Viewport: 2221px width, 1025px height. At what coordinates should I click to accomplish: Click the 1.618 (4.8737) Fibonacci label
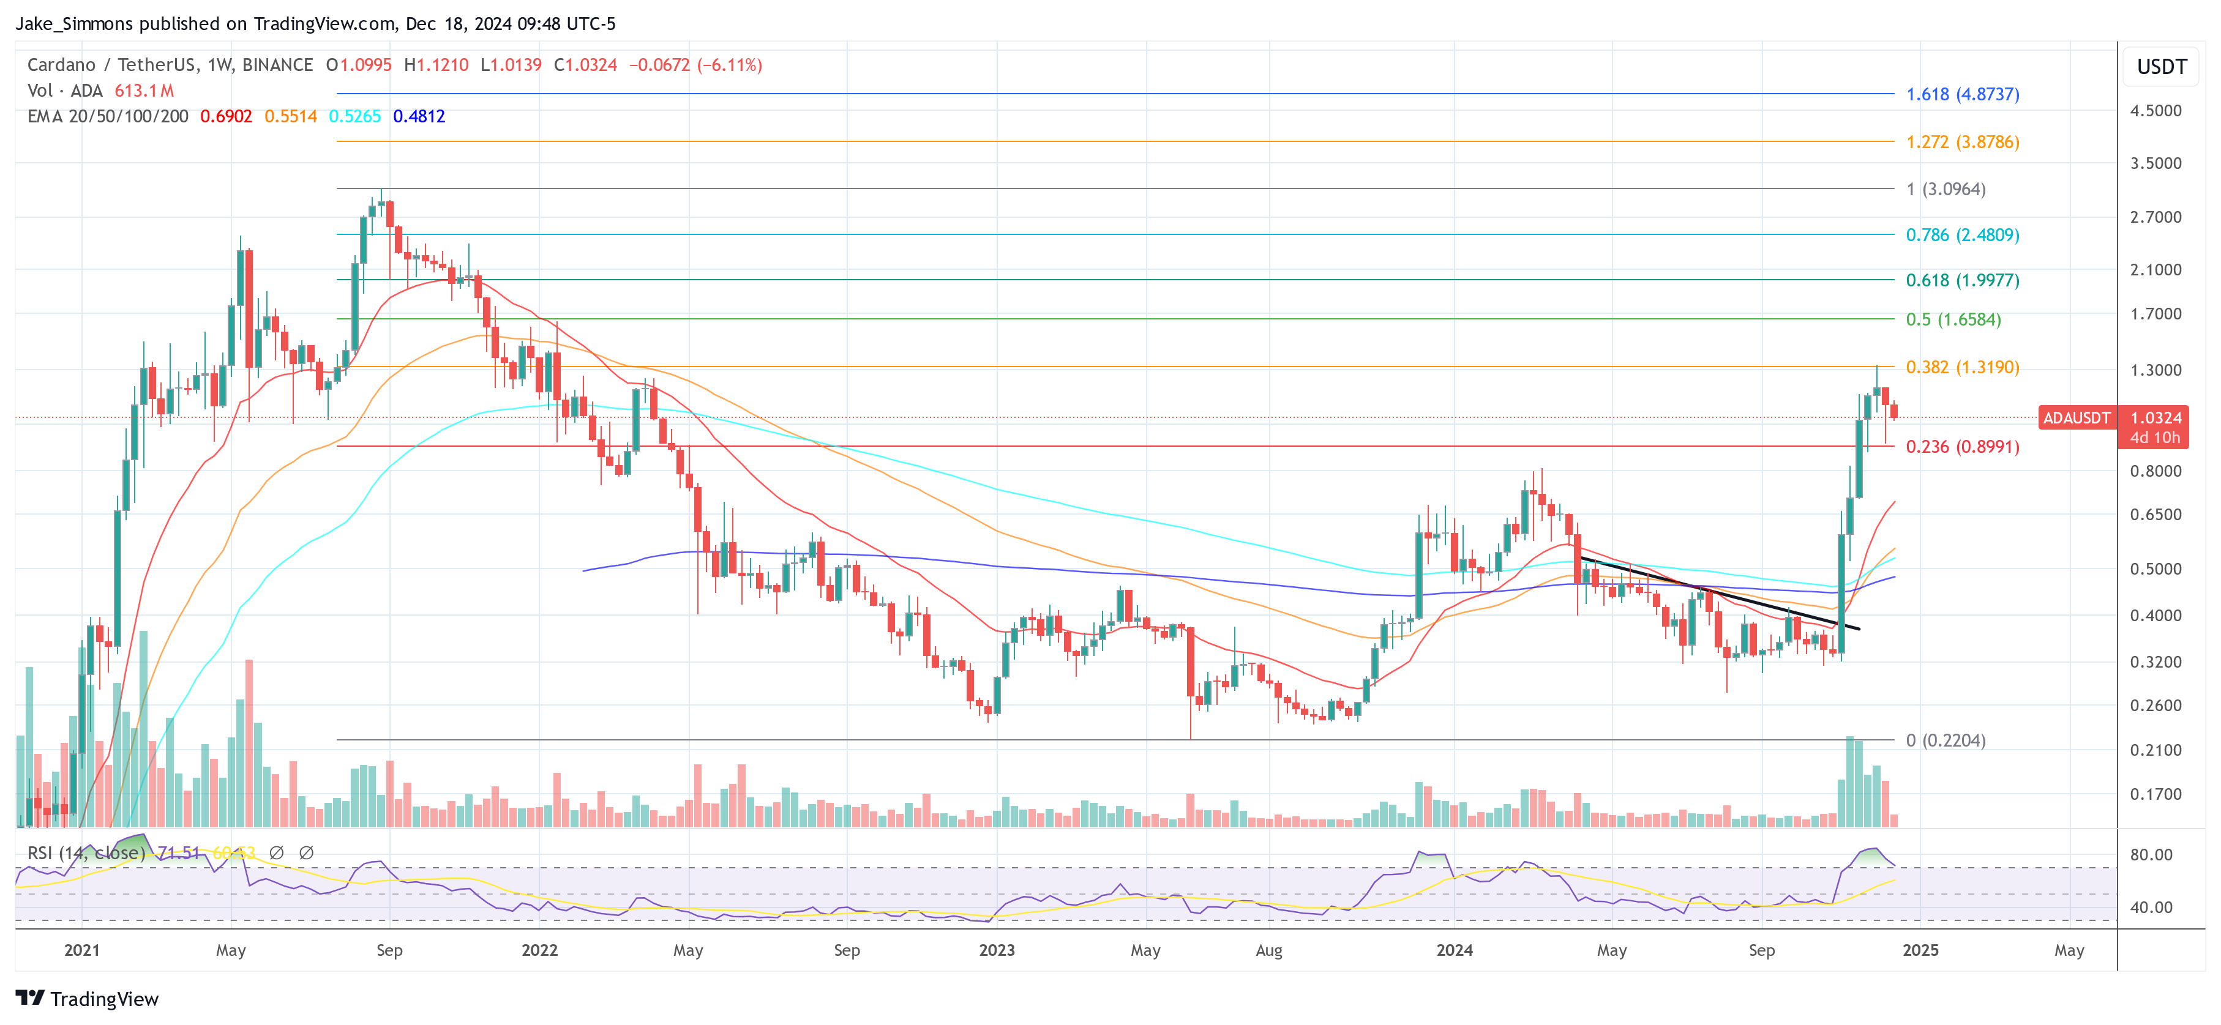click(1961, 94)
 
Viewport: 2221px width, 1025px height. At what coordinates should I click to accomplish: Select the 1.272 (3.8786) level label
click(1961, 141)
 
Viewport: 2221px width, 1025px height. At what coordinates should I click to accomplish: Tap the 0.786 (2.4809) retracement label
click(1961, 234)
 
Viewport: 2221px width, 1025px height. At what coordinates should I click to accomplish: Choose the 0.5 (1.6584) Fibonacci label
click(1953, 319)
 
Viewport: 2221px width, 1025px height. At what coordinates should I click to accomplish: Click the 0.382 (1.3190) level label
click(1961, 367)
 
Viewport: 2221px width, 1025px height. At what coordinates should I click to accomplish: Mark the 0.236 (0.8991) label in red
click(1961, 447)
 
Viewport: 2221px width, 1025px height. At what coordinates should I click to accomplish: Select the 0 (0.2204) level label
click(1945, 740)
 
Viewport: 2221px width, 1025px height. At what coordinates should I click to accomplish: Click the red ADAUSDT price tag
click(2076, 418)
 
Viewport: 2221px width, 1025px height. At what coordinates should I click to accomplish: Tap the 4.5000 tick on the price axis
click(2155, 110)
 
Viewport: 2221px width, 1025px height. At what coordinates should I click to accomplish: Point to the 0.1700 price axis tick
click(2155, 794)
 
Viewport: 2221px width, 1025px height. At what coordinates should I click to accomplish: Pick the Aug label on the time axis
click(1268, 950)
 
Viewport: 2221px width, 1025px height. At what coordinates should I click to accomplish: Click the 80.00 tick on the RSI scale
click(2151, 854)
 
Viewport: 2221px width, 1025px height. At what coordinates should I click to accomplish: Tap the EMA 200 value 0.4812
click(419, 116)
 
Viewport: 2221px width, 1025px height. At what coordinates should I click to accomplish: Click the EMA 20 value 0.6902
click(226, 116)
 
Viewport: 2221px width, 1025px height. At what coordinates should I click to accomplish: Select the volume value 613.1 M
click(144, 91)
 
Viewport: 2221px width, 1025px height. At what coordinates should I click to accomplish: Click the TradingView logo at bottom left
click(87, 998)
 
